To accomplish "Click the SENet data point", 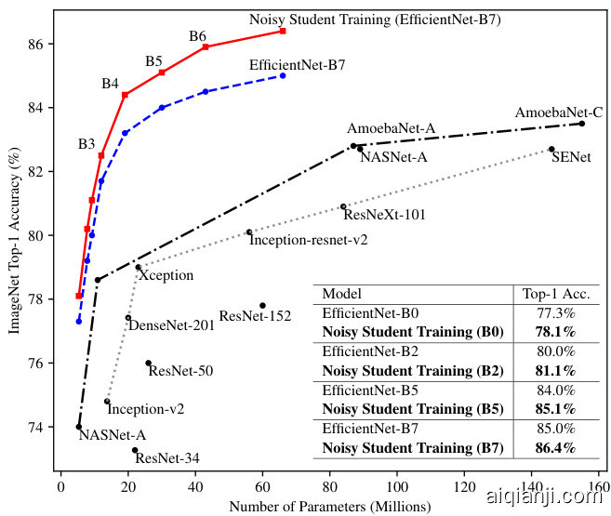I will [x=551, y=149].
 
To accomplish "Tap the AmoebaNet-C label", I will [x=559, y=113].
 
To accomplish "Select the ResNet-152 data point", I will [x=262, y=305].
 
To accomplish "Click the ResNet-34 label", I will [x=166, y=457].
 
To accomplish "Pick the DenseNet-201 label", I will [x=171, y=324].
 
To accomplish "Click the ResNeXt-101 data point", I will [x=343, y=206].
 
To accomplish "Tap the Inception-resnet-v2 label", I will [x=308, y=239].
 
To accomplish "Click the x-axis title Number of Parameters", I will [x=329, y=507].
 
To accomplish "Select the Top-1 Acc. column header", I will [x=556, y=293].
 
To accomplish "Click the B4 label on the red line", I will [x=110, y=84].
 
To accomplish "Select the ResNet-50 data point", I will [x=148, y=363].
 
